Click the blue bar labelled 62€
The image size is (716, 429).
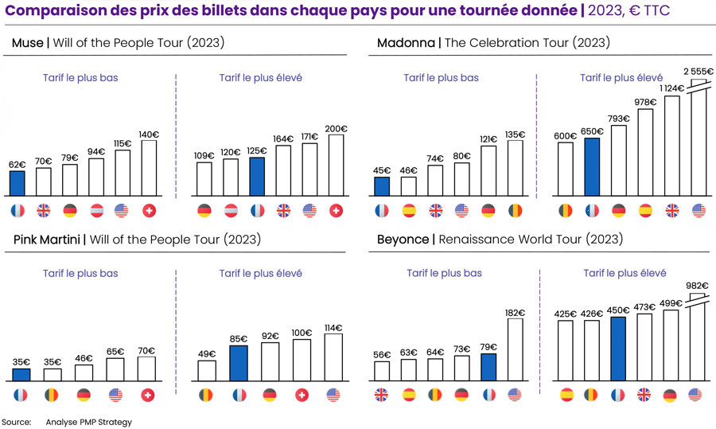(18, 183)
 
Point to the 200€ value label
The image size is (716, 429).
(336, 128)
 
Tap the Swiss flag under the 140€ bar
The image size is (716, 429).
(148, 211)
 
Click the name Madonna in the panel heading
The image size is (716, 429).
(406, 43)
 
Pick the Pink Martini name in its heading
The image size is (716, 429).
(45, 240)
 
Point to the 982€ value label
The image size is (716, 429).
(697, 285)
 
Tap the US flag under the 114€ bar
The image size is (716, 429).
(333, 395)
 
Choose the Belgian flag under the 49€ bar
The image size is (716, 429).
(206, 395)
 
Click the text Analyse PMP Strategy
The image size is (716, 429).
(88, 422)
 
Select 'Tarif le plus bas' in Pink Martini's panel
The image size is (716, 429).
(80, 273)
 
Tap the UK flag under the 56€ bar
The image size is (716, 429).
(382, 395)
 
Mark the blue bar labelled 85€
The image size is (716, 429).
(238, 363)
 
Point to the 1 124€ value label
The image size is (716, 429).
(671, 88)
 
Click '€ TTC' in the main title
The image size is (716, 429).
(645, 10)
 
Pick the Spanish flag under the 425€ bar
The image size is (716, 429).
(566, 395)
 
